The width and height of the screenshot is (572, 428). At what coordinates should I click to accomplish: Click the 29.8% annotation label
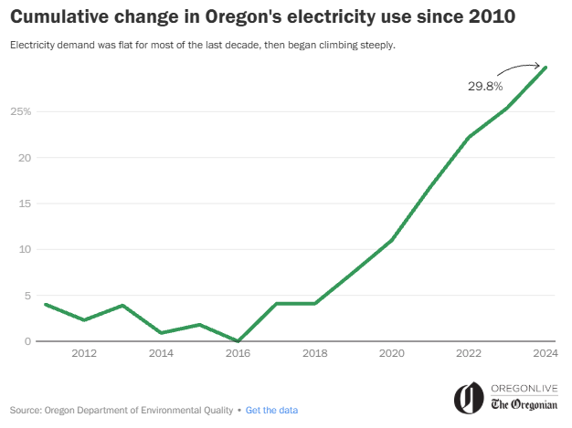coord(485,87)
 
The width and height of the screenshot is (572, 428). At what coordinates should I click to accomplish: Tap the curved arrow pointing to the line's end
coord(519,68)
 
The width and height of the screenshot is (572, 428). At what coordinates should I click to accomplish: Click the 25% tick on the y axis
coord(21,111)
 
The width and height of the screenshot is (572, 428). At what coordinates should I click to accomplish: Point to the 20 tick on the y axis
coord(26,157)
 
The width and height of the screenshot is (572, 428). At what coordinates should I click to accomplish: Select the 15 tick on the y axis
coord(26,204)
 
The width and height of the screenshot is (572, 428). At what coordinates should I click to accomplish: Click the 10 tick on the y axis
coord(26,249)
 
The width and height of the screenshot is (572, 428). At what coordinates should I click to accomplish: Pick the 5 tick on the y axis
coord(28,296)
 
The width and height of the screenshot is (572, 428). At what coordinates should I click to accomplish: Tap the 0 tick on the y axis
coord(28,341)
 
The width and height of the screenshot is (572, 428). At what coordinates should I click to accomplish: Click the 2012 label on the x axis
coord(84,353)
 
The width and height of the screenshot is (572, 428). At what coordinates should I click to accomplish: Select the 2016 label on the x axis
coord(238,353)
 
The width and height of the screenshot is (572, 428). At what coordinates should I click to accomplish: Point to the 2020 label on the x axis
coord(392,353)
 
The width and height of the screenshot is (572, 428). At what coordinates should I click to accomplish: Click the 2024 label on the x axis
coord(546,353)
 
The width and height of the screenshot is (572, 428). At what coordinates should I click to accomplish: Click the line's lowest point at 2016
coord(238,341)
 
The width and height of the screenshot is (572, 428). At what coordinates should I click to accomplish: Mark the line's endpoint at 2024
coord(546,67)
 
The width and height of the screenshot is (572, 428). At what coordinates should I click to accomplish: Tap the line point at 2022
coord(469,137)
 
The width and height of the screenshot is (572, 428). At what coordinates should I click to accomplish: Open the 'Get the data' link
coord(271,411)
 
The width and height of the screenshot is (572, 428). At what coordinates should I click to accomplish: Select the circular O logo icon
coord(469,398)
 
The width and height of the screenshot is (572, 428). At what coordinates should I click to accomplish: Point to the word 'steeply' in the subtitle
coord(376,46)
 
